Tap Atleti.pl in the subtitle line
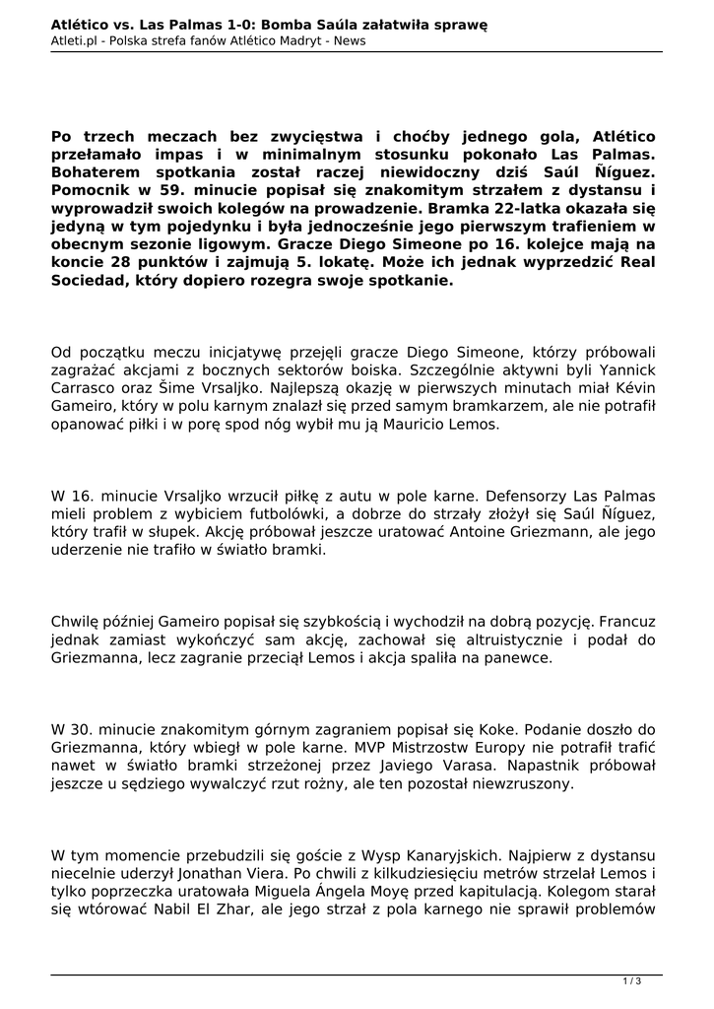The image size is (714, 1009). click(x=76, y=40)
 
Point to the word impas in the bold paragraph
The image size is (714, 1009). click(x=253, y=155)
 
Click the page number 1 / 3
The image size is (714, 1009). click(x=632, y=979)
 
